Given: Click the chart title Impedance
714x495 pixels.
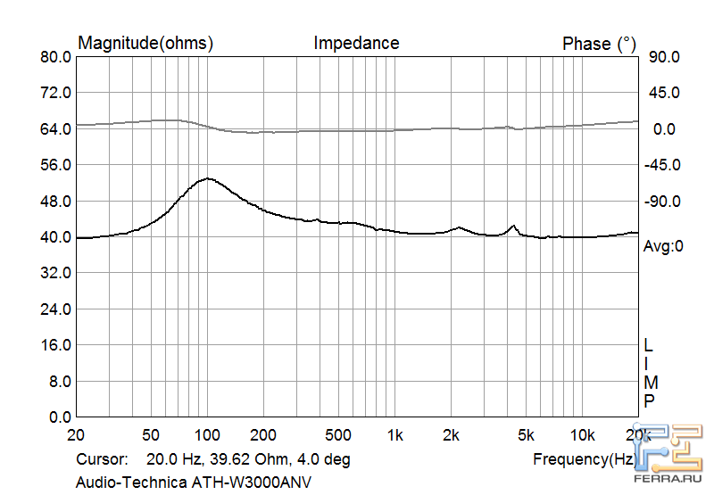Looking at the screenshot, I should [356, 43].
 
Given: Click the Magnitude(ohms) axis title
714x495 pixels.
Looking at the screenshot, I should [146, 43].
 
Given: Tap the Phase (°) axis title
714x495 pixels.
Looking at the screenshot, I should [599, 44].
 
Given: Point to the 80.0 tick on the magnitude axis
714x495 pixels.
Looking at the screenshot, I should [55, 57].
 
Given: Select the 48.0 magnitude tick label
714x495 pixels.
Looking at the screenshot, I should [55, 202].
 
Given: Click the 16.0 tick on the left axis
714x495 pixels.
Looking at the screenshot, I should [55, 345].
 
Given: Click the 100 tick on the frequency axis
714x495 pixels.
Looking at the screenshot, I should [207, 434].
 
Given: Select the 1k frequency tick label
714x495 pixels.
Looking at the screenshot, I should [394, 434].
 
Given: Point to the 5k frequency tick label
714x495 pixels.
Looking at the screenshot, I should [526, 434].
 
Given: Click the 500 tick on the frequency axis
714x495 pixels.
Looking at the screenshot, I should [338, 434].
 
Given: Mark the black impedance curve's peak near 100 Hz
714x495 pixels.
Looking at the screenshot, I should [207, 178].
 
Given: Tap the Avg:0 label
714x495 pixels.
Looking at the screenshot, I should [663, 246].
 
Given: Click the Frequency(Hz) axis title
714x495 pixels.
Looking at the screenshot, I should [585, 459].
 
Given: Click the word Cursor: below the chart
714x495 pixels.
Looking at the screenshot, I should [104, 459].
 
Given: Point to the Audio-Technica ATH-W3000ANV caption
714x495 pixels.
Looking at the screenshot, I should [195, 483].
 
